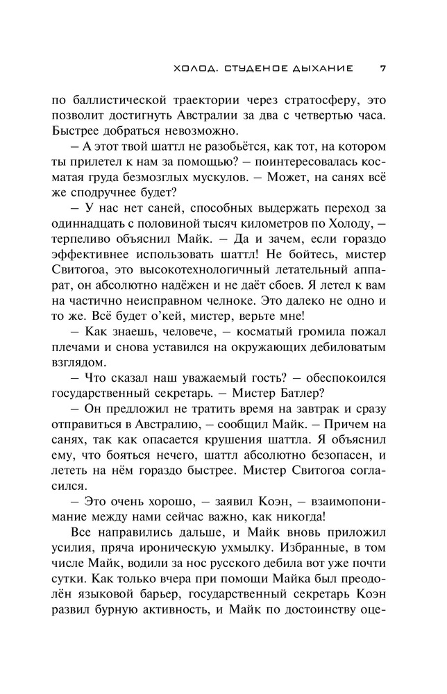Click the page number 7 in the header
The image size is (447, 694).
384,68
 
